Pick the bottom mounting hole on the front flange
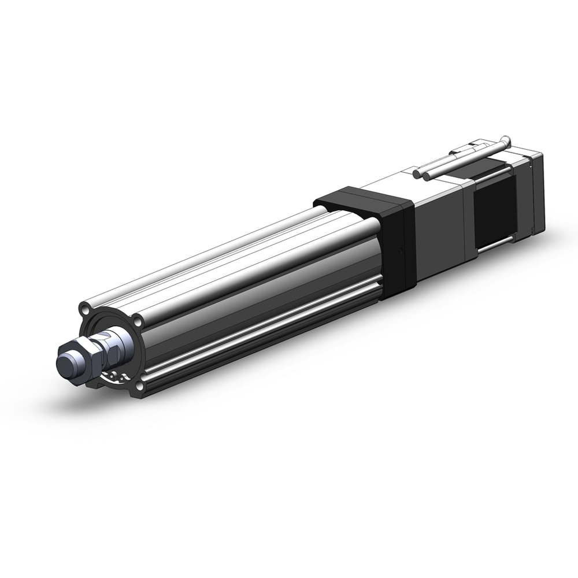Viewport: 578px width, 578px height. (138, 386)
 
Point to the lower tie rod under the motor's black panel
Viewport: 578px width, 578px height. (497, 249)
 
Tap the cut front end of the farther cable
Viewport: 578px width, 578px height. (418, 172)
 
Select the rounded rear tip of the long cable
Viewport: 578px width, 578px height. (506, 140)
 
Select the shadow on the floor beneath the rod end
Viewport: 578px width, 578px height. (75, 399)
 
